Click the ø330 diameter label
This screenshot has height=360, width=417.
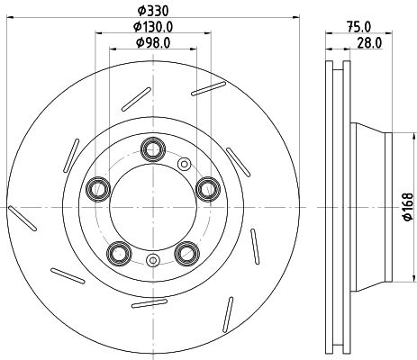[x=151, y=10]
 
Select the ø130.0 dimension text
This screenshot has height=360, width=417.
[x=151, y=26]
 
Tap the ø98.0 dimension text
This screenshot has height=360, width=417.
[x=151, y=42]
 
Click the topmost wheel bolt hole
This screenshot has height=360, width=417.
[x=152, y=147]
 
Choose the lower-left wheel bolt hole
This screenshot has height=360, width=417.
[x=117, y=253]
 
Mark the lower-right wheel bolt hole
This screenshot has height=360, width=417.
[x=186, y=253]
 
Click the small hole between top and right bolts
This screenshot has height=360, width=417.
[x=186, y=164]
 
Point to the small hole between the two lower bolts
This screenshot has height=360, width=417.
[x=152, y=262]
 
